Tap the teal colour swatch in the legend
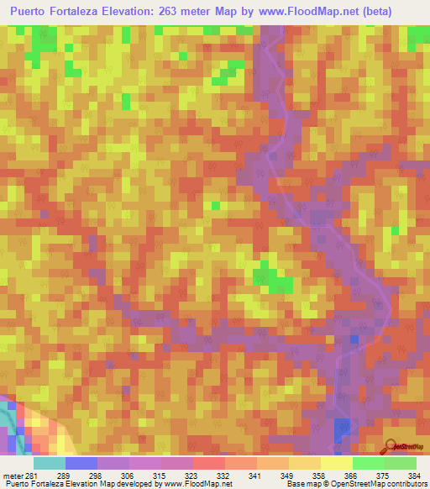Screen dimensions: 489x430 [x=50, y=463]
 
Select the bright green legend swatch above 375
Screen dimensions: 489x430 [x=368, y=463]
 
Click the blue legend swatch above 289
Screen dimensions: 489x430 [x=81, y=463]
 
